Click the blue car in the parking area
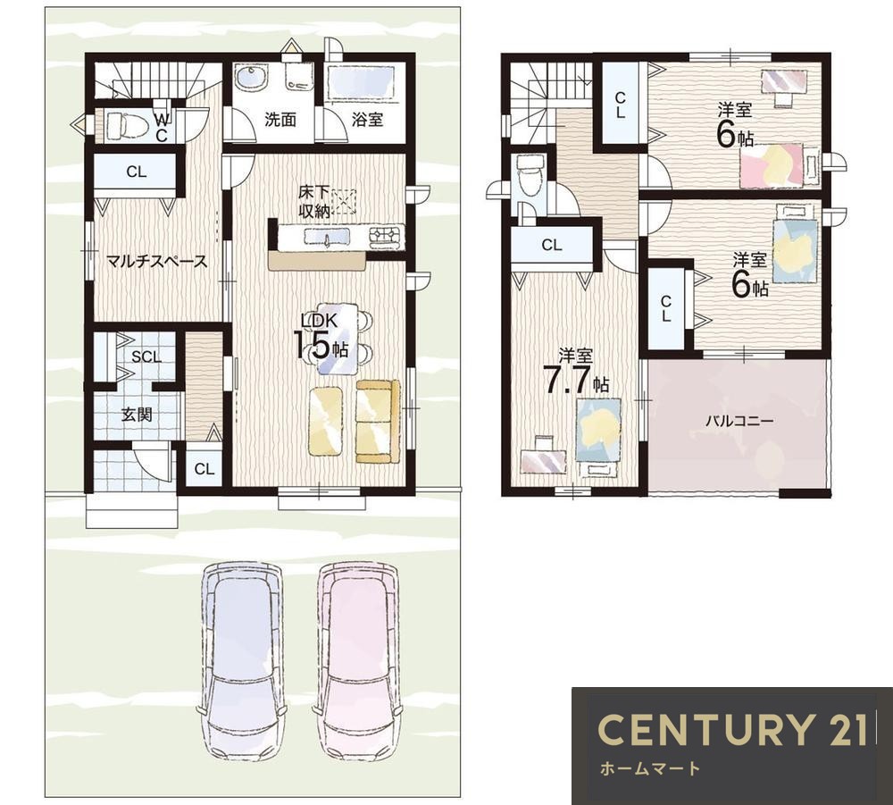[x=242, y=661]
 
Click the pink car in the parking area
[x=360, y=661]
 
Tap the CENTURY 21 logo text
[x=733, y=729]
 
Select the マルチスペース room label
[x=157, y=262]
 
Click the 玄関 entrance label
[x=137, y=415]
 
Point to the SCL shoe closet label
[x=146, y=357]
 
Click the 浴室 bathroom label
[x=367, y=120]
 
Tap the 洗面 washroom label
[x=280, y=120]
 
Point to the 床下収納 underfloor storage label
[x=315, y=202]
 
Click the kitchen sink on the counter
[x=327, y=236]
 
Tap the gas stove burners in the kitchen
[x=387, y=237]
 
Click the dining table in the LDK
[x=338, y=339]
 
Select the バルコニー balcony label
[x=739, y=421]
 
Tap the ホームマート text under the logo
[x=650, y=768]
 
